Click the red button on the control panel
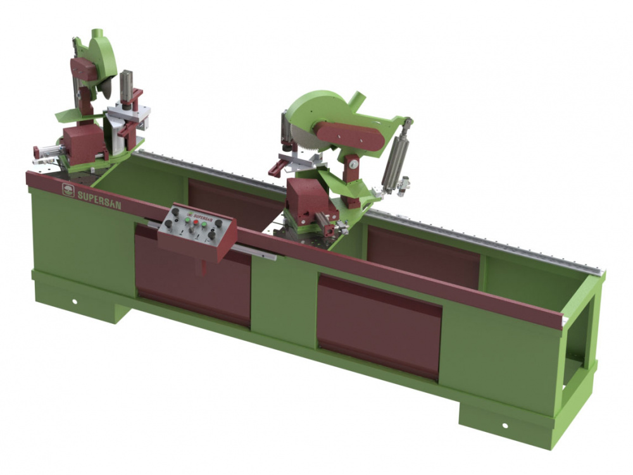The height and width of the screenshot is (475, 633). pos(196,222)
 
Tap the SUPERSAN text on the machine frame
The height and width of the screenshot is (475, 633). pos(99,199)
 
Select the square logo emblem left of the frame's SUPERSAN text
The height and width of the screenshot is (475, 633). pos(68,190)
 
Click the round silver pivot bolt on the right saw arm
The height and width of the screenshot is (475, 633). pos(354,164)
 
